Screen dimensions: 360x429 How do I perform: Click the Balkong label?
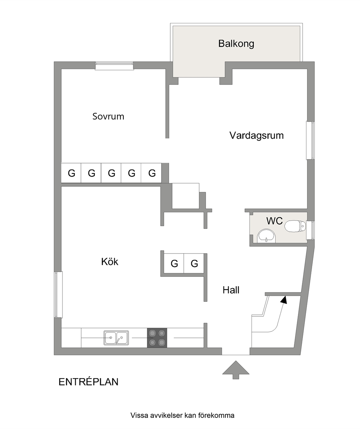coord(236,44)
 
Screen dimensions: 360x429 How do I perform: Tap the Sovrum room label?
coord(108,116)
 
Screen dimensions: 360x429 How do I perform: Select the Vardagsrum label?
coord(257,135)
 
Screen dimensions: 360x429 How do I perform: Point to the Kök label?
coord(110,262)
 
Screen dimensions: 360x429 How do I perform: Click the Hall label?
coord(231,290)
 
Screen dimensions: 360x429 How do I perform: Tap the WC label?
coord(274,220)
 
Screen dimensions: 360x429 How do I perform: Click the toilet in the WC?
coord(295,226)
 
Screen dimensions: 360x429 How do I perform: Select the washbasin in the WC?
coord(266,236)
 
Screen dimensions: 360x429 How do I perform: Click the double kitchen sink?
coord(116,337)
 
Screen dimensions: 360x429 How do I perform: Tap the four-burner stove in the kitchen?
coord(157,338)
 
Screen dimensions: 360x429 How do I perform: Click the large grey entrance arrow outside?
coord(236,370)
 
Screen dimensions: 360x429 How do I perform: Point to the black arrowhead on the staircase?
coord(284,300)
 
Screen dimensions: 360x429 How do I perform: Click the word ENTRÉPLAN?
coord(89,382)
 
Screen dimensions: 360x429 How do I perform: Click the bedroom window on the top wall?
coord(114,66)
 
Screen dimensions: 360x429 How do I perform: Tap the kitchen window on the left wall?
coord(58,294)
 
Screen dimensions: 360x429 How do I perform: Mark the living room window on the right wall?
coord(310,140)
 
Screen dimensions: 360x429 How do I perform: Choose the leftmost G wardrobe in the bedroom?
coord(71,173)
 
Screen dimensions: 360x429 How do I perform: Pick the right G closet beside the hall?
coord(195,263)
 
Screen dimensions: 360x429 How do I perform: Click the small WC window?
coord(311,230)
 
